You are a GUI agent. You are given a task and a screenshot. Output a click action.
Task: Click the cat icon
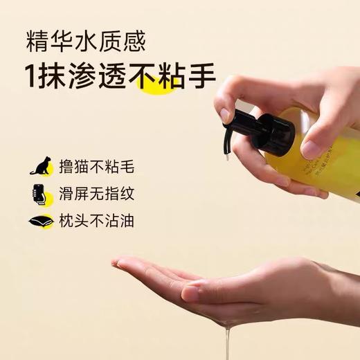pos(39,166)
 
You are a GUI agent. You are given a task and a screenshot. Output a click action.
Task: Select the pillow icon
pos(39,222)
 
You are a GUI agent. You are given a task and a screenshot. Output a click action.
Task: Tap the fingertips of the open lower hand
pos(121,263)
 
